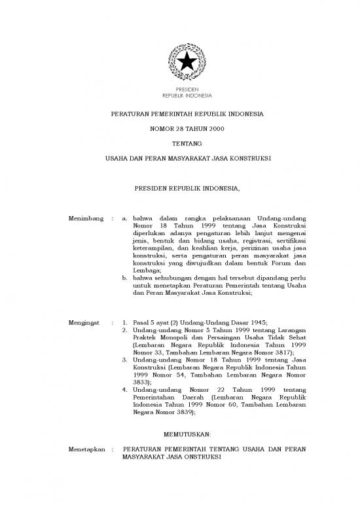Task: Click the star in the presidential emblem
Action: tap(179, 62)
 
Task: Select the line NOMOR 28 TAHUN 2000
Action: tap(179, 128)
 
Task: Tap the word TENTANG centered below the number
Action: tap(179, 143)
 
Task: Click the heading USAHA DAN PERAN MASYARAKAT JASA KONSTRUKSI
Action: tap(179, 159)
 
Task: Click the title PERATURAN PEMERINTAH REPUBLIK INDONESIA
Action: tap(179, 113)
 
